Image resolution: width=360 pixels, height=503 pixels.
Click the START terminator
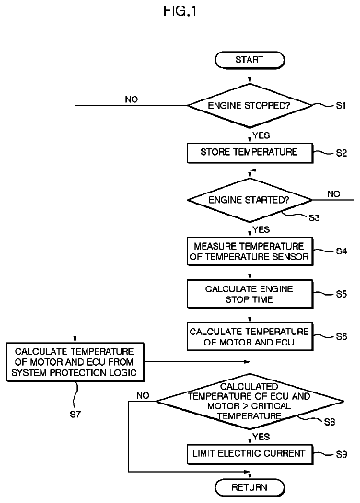click(x=250, y=60)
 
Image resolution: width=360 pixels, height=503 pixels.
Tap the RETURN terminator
click(x=250, y=487)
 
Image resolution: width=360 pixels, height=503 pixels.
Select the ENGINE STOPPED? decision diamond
click(x=250, y=106)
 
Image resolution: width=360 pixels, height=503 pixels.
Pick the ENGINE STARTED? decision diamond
click(x=250, y=200)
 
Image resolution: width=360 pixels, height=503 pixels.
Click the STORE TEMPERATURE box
click(x=250, y=153)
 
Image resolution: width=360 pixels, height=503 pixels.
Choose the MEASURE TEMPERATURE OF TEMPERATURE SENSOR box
click(x=250, y=251)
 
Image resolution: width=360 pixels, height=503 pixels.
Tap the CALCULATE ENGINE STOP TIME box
click(x=250, y=294)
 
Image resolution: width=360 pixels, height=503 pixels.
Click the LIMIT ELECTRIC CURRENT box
click(x=250, y=454)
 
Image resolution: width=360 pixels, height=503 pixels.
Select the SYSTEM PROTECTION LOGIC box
click(x=75, y=362)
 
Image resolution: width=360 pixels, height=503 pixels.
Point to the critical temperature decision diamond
click(x=250, y=401)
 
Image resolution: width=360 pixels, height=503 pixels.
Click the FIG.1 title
click(x=180, y=11)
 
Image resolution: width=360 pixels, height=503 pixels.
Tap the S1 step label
click(x=341, y=106)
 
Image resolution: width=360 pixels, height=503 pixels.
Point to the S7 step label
click(x=75, y=415)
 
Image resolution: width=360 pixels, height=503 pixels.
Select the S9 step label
click(x=342, y=454)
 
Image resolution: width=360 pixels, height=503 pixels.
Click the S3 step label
click(x=314, y=217)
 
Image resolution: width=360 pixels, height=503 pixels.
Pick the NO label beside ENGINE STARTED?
click(x=333, y=193)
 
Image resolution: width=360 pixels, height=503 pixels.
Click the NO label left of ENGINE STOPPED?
click(x=132, y=99)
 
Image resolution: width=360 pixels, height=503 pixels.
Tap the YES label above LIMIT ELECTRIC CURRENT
click(x=261, y=437)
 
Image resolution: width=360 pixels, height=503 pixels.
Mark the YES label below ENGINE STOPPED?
click(x=261, y=135)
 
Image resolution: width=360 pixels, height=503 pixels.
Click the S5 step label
click(x=342, y=294)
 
